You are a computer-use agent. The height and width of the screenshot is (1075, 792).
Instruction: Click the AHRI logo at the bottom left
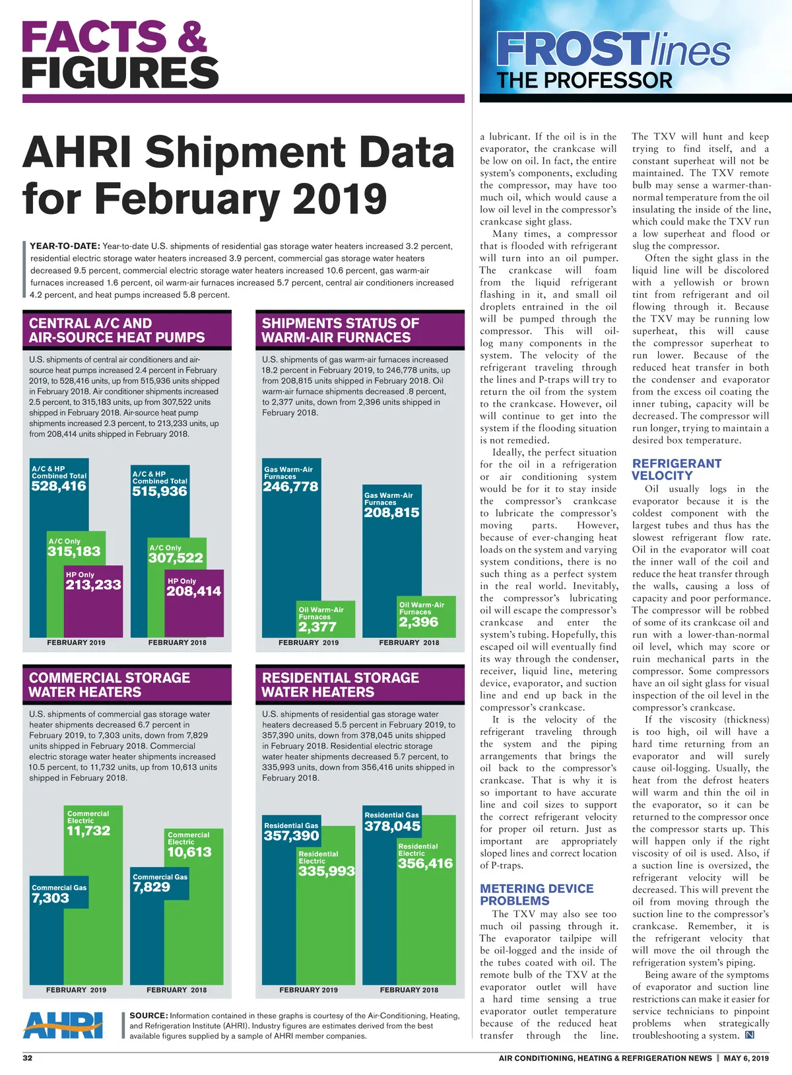click(63, 1025)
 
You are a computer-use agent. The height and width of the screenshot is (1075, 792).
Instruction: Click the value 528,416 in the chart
click(59, 486)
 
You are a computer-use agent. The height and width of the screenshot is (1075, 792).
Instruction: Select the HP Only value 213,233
click(93, 584)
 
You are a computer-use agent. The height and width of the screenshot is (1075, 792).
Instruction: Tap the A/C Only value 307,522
click(176, 558)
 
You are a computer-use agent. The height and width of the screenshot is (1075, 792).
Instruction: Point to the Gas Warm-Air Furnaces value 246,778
click(290, 487)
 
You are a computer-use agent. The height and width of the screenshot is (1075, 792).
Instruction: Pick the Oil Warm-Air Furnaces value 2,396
click(418, 622)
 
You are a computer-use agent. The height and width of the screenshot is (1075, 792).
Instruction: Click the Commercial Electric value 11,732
click(88, 831)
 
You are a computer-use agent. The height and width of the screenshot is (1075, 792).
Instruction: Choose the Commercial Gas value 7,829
click(151, 887)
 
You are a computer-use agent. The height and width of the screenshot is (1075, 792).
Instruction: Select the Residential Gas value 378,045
click(392, 826)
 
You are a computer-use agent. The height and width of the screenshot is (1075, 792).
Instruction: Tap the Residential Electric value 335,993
click(326, 871)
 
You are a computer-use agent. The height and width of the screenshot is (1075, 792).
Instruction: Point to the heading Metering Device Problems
click(537, 895)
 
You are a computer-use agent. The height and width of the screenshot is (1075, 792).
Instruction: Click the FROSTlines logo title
click(614, 50)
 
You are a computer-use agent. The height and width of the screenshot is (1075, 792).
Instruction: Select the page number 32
click(28, 1058)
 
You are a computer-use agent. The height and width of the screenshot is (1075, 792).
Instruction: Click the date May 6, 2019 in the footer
click(746, 1058)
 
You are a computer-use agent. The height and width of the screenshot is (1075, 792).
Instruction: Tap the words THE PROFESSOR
click(584, 81)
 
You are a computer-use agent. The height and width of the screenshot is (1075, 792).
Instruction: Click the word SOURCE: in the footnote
click(148, 1016)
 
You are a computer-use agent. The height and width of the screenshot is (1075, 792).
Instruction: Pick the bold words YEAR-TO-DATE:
click(65, 246)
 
